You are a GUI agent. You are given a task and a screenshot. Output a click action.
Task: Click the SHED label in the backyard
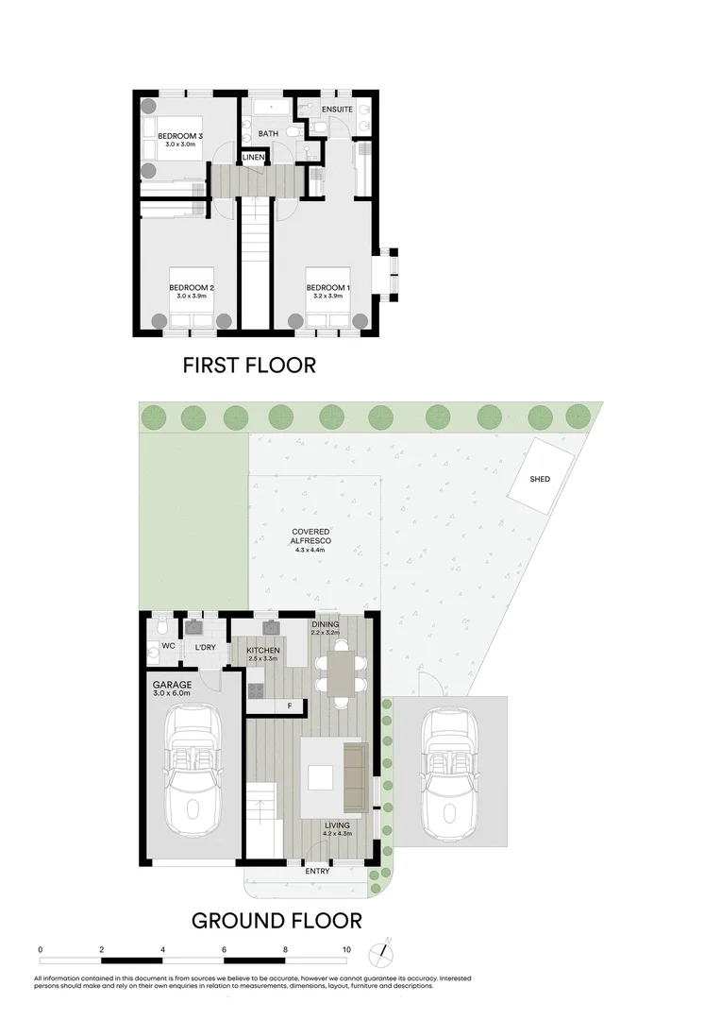click(x=540, y=479)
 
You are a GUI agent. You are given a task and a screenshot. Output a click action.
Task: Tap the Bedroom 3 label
click(x=180, y=135)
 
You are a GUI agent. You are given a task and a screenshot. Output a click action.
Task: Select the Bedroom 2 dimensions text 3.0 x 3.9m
click(x=192, y=297)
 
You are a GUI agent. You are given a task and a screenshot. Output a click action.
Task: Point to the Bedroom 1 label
click(x=327, y=287)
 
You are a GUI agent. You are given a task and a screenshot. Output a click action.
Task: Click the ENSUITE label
click(x=337, y=110)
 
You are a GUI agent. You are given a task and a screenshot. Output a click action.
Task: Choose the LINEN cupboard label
click(x=253, y=156)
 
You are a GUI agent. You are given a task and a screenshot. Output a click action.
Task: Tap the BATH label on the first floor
click(x=268, y=133)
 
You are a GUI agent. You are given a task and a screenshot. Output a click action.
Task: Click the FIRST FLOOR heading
click(x=249, y=365)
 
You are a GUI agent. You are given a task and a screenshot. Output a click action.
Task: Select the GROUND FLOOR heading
click(x=277, y=920)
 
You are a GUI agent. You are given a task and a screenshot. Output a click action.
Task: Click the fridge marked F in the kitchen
click(x=289, y=705)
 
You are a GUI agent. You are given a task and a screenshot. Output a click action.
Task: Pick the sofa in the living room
click(x=355, y=776)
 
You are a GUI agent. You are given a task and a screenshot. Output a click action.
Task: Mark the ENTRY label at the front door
click(x=317, y=871)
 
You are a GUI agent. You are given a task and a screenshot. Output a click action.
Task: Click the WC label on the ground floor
click(x=169, y=647)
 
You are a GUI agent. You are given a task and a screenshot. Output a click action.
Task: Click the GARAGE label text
click(x=173, y=684)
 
